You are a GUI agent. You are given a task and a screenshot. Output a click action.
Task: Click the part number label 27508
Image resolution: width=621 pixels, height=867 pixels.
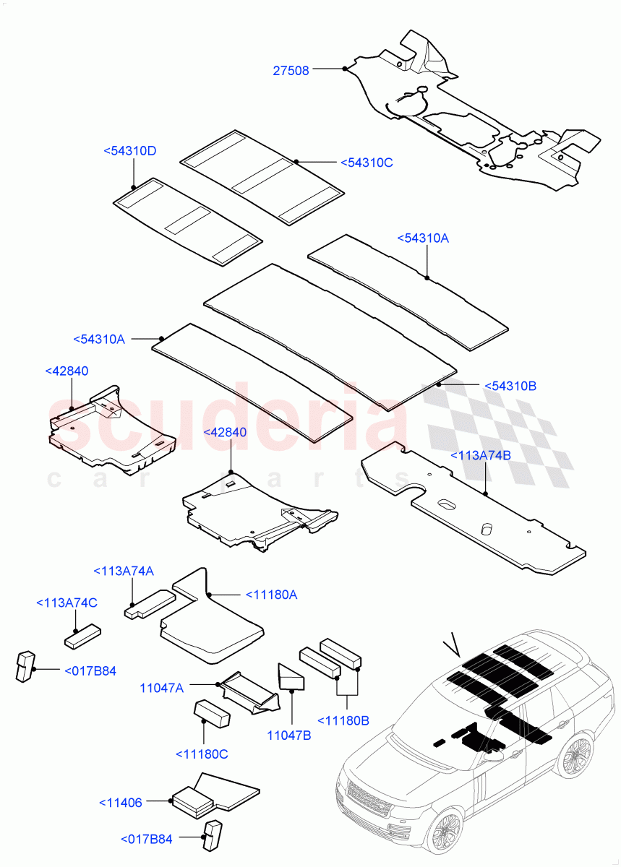(x=291, y=70)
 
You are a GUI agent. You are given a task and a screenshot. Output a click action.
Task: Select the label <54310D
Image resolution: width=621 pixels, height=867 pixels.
(x=130, y=151)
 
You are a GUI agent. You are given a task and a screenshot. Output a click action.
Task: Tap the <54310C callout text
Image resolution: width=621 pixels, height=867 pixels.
(x=366, y=163)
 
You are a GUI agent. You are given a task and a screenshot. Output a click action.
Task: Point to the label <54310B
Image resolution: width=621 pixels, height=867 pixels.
(x=510, y=387)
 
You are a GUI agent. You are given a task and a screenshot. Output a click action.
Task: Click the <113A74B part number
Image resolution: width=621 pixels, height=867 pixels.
(x=481, y=455)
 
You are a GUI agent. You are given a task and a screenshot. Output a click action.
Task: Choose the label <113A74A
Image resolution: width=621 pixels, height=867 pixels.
(x=123, y=571)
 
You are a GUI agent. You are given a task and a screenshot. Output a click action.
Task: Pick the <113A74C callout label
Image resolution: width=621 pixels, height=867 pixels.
(x=67, y=603)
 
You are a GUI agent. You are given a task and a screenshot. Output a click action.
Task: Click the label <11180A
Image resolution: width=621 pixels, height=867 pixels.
(x=272, y=595)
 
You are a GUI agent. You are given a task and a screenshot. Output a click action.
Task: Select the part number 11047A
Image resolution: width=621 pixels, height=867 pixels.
(x=161, y=689)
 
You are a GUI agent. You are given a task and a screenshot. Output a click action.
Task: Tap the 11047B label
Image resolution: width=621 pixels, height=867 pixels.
(x=288, y=735)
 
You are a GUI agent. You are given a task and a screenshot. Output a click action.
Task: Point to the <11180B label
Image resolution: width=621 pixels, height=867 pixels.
(x=343, y=720)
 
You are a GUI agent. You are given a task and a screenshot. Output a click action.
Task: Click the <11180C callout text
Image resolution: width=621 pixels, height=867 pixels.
(x=202, y=754)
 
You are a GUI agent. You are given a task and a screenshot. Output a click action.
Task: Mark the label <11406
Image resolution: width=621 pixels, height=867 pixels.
(x=121, y=802)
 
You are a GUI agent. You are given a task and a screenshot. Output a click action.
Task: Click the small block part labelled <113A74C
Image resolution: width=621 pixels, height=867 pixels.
(x=81, y=636)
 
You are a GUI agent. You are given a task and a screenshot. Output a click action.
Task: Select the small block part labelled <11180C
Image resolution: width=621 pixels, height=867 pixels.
(x=211, y=715)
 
